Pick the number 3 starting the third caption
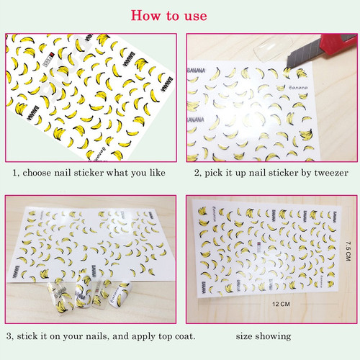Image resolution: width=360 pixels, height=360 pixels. (x=9, y=336)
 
